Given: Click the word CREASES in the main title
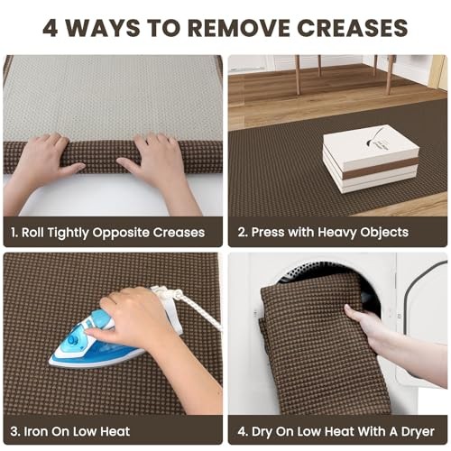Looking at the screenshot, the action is tap(352, 28).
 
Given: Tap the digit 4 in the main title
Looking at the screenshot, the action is tap(51, 28).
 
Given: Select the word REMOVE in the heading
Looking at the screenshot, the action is tap(239, 28).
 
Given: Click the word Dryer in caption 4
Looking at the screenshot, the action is tap(418, 432).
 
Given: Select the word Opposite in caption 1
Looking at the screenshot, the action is tap(121, 233).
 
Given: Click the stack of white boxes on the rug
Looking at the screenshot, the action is tap(371, 159).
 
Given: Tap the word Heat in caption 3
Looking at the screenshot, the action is tap(115, 431).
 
